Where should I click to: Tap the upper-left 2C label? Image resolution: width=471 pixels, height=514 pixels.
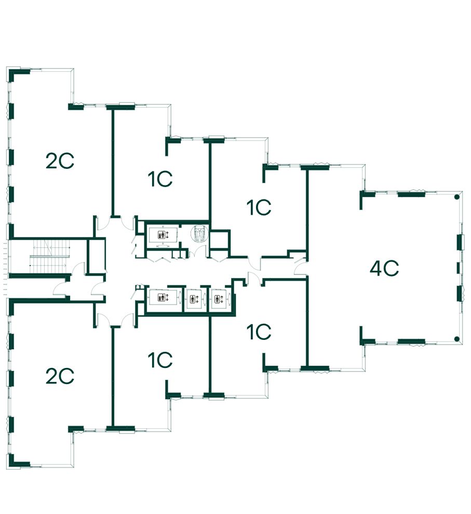(60, 162)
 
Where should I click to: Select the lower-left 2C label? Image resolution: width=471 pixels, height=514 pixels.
(60, 376)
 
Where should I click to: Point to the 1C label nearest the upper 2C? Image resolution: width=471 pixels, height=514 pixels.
(159, 180)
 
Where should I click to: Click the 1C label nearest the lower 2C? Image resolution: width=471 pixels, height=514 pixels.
(159, 360)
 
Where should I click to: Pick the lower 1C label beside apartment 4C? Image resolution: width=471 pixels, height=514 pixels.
(259, 332)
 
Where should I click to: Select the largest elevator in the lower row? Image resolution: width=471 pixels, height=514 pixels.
(163, 298)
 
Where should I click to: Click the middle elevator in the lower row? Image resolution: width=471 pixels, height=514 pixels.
(195, 299)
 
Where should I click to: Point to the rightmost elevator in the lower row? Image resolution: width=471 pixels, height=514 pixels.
(218, 299)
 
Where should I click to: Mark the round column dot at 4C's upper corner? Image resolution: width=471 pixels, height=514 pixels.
(456, 197)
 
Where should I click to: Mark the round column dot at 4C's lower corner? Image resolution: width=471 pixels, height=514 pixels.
(456, 339)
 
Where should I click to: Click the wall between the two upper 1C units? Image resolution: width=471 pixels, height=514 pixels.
(210, 179)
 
